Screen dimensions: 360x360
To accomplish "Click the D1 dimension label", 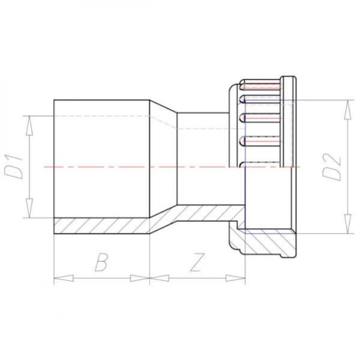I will (x=18, y=164).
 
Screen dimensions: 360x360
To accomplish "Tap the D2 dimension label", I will (x=332, y=166).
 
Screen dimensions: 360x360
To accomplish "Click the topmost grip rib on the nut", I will (x=260, y=86).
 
